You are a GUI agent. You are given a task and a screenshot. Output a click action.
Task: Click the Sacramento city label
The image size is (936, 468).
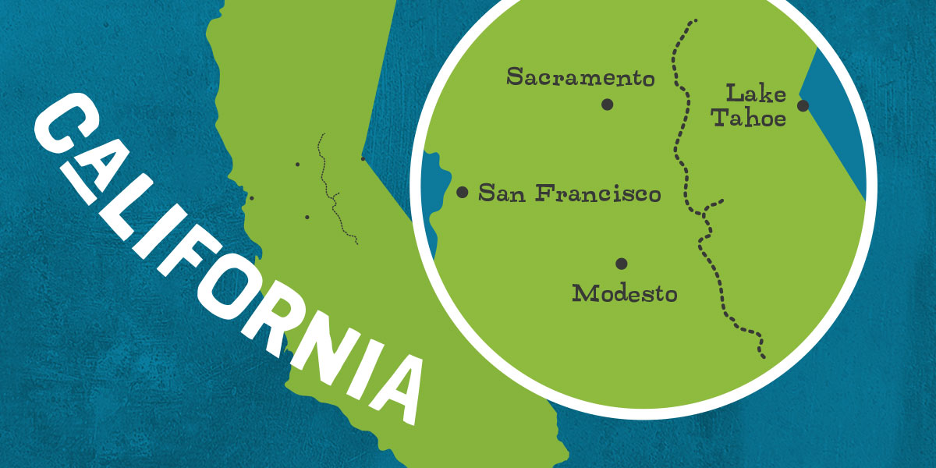pyautogui.click(x=580, y=77)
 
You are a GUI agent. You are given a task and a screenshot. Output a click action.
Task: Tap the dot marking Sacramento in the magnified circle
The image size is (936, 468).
pyautogui.click(x=608, y=105)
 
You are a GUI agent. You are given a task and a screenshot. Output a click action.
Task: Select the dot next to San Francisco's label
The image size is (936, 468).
pyautogui.click(x=462, y=192)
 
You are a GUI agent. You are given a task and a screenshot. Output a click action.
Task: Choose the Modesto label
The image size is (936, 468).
pyautogui.click(x=624, y=294)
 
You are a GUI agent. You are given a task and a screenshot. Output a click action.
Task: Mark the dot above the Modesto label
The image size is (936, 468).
pyautogui.click(x=621, y=264)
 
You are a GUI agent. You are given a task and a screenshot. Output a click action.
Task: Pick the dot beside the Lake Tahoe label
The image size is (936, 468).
pyautogui.click(x=803, y=105)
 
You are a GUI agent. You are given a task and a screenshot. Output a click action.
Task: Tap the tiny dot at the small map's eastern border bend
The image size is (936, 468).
pyautogui.click(x=363, y=159)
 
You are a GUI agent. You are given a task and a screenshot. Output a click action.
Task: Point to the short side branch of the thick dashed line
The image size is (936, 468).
pyautogui.click(x=713, y=204)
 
